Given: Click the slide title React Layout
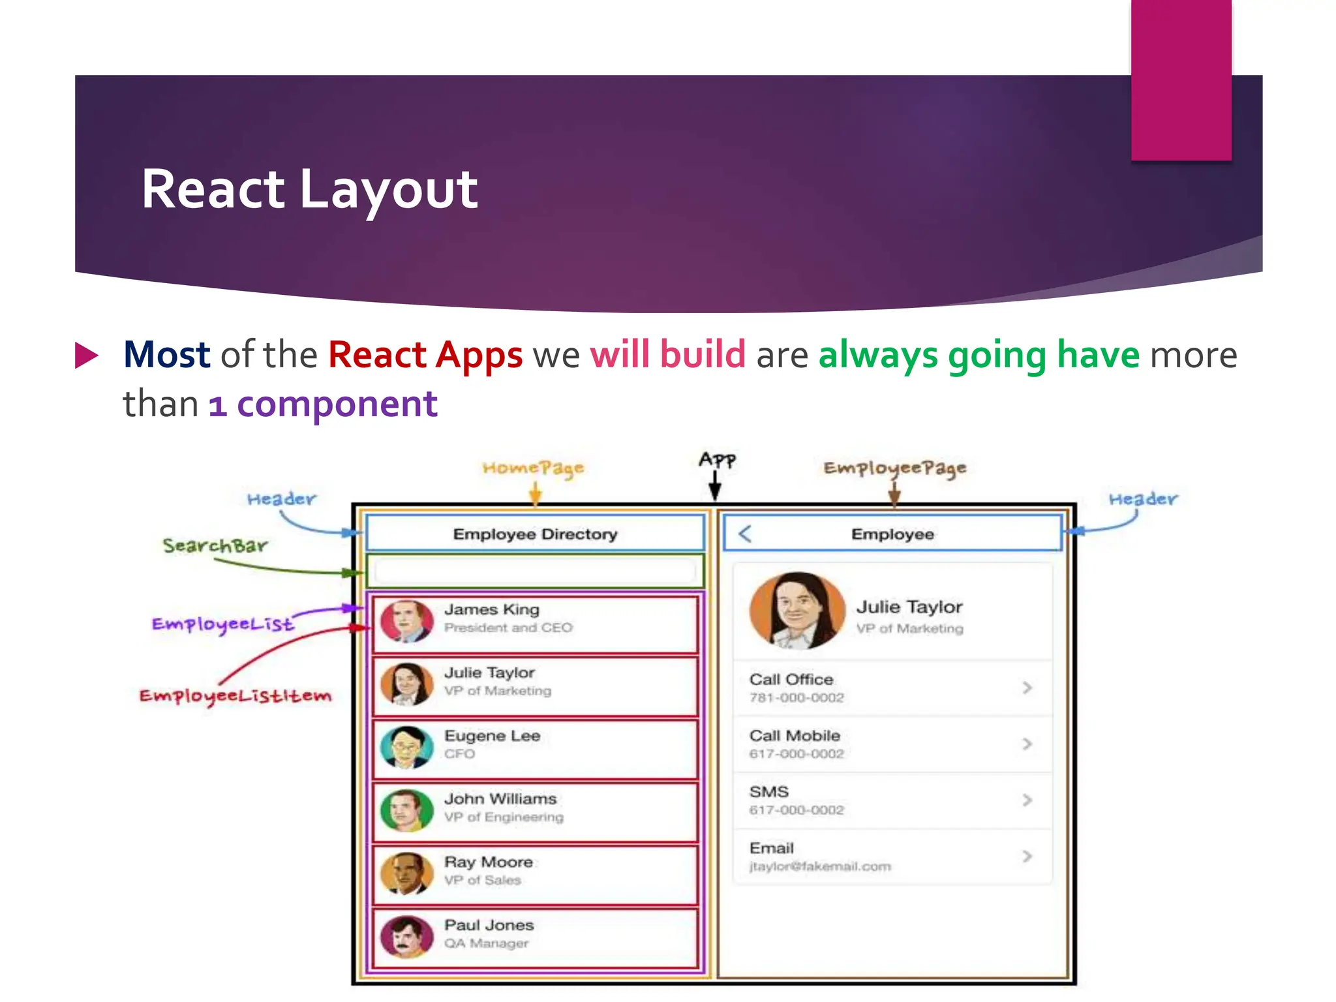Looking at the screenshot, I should (309, 189).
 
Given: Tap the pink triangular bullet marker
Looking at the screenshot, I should (86, 355).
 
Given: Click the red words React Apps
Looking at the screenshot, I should (425, 355).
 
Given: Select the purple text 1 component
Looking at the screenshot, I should (323, 404).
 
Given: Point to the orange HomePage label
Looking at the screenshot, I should (533, 468).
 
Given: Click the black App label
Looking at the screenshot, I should (717, 459).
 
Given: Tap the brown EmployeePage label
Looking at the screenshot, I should (894, 468).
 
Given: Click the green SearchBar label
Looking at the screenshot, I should (215, 545).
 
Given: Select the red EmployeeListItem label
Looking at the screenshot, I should (235, 696).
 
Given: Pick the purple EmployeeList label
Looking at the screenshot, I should (222, 624).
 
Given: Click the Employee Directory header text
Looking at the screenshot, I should (535, 534).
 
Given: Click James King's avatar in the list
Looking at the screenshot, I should (407, 621).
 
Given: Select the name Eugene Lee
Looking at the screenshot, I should (493, 736).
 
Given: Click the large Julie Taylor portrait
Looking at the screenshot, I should (797, 611).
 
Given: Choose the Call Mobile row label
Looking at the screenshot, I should (795, 736).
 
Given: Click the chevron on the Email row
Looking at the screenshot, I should (1027, 856).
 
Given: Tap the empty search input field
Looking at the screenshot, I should (535, 571).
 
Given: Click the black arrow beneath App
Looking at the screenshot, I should (715, 486).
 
